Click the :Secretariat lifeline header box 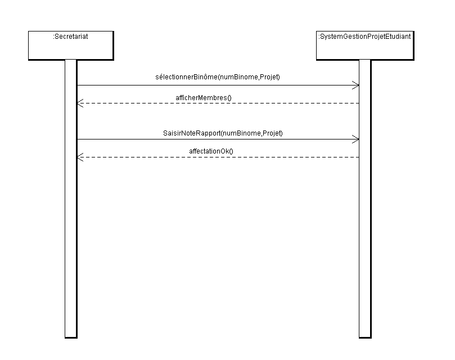[71, 46]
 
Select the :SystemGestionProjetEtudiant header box [365, 46]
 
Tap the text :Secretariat [70, 37]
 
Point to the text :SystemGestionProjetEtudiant [364, 37]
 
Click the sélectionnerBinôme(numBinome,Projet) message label [218, 77]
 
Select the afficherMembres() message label [204, 98]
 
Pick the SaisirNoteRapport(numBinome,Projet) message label [223, 133]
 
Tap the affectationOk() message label [211, 151]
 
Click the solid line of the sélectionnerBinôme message [218, 85]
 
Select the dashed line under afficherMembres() [218, 103]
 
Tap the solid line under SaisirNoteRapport [218, 139]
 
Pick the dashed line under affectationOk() [218, 157]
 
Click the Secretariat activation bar [71, 199]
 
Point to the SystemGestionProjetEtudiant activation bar [365, 199]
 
